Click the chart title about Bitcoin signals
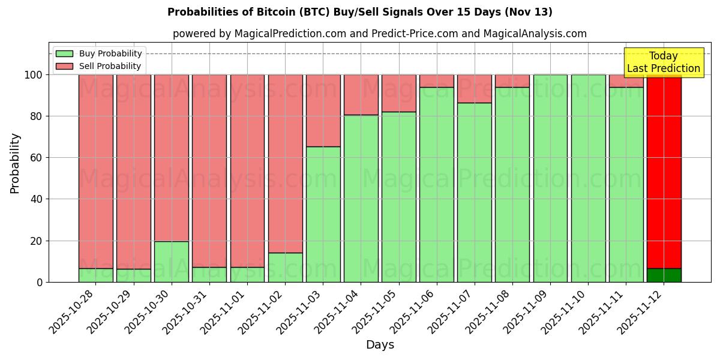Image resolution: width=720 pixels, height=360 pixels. click(360, 12)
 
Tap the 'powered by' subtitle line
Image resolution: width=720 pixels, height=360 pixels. click(379, 34)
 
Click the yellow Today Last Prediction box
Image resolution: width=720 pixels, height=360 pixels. click(663, 62)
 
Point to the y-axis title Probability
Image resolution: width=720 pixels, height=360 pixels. click(15, 163)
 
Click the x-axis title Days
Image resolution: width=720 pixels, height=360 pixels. click(380, 344)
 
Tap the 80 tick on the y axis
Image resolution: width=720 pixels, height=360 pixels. click(37, 116)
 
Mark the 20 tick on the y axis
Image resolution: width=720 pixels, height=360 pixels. click(37, 241)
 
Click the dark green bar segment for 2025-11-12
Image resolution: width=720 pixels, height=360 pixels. click(664, 275)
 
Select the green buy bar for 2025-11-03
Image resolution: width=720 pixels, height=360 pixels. click(323, 214)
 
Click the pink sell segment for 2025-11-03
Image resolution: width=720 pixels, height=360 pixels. click(323, 110)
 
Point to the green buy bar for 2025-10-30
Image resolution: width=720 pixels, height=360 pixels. click(171, 262)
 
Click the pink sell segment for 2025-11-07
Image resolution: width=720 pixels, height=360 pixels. click(474, 89)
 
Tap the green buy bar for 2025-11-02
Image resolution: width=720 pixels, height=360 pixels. click(285, 267)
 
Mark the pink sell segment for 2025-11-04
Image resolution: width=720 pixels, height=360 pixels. click(361, 95)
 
